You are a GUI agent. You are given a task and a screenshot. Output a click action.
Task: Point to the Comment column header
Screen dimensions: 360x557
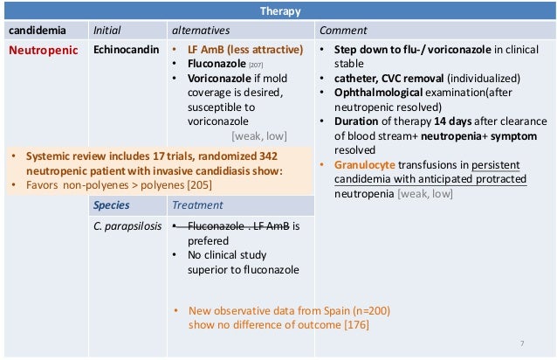click(x=343, y=31)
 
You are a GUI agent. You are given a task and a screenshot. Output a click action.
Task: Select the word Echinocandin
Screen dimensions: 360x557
click(x=126, y=49)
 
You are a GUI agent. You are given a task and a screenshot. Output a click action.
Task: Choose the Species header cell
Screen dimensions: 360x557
click(x=113, y=205)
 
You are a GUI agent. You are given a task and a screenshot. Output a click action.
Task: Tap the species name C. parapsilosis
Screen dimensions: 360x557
click(x=128, y=226)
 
